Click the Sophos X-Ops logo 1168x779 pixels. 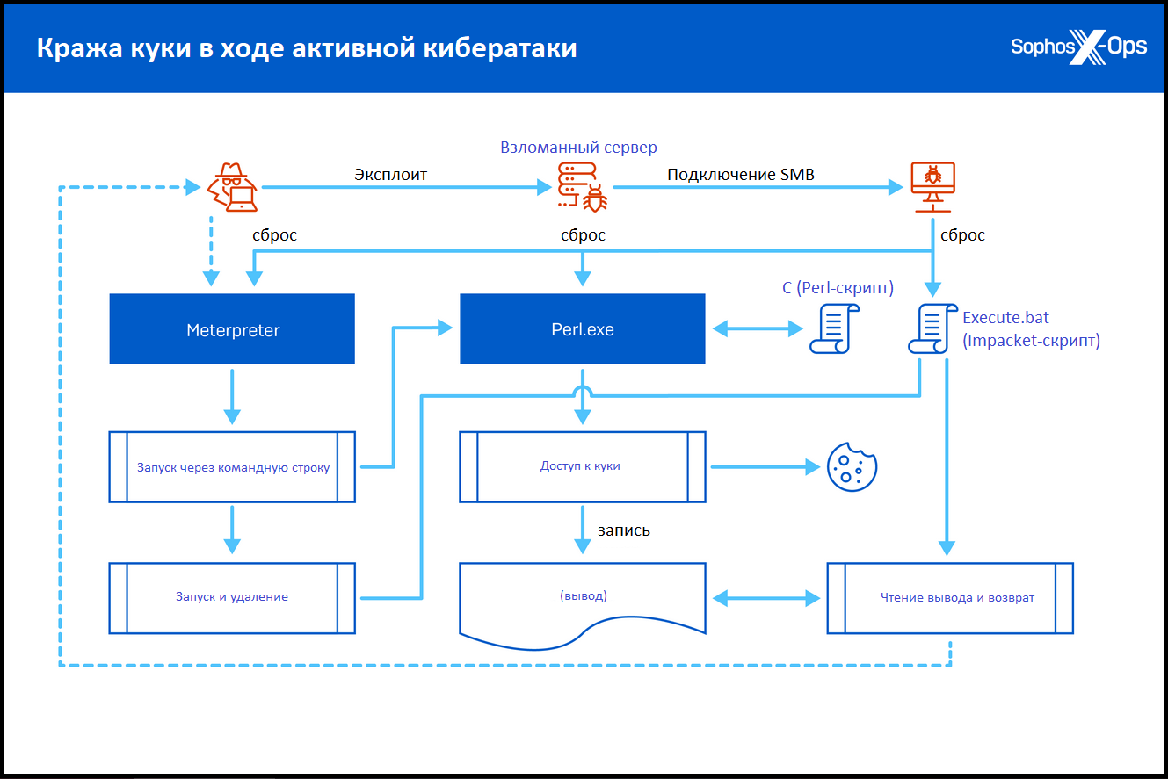click(1078, 47)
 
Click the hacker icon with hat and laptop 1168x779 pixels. click(233, 187)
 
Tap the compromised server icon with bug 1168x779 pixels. click(583, 187)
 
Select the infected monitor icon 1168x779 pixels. click(932, 187)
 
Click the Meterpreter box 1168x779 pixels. click(232, 328)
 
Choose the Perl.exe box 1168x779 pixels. click(583, 328)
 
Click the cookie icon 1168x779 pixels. click(852, 467)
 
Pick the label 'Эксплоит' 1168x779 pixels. click(390, 174)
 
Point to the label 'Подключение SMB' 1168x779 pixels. click(740, 174)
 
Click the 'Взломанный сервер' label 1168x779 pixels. click(578, 148)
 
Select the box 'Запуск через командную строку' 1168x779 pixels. click(232, 467)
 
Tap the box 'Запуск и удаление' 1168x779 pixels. click(232, 598)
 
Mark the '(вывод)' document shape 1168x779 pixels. click(583, 599)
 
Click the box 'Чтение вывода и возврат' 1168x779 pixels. click(950, 598)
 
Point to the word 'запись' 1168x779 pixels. click(624, 530)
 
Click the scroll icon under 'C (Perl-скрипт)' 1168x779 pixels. click(834, 328)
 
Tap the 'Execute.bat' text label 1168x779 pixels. click(1005, 317)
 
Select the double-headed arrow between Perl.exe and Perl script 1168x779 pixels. click(758, 328)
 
